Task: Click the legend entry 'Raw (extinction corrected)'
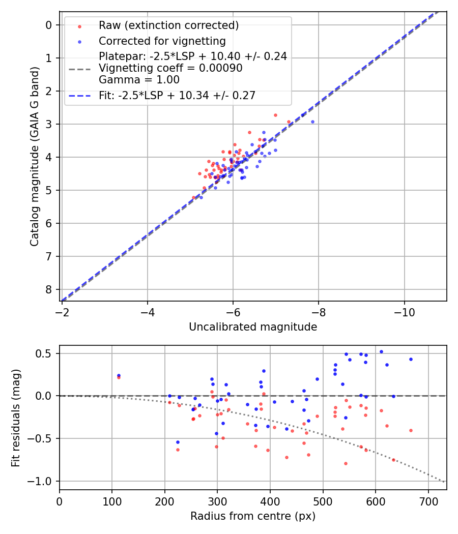[x=168, y=25]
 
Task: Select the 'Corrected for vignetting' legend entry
[x=162, y=41]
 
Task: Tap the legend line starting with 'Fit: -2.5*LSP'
[x=177, y=95]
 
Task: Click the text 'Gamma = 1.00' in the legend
[x=139, y=79]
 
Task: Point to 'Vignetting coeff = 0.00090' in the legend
[x=170, y=68]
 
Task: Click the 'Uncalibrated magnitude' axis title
[x=253, y=327]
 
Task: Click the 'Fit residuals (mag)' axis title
[x=16, y=417]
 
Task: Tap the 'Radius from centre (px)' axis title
[x=253, y=516]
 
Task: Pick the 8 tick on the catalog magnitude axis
[x=49, y=289]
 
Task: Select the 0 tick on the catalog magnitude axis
[x=49, y=25]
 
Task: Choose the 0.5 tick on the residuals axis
[x=46, y=353]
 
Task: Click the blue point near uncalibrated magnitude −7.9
[x=312, y=122]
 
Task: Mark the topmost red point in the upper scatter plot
[x=275, y=115]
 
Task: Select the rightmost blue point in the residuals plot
[x=411, y=359]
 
